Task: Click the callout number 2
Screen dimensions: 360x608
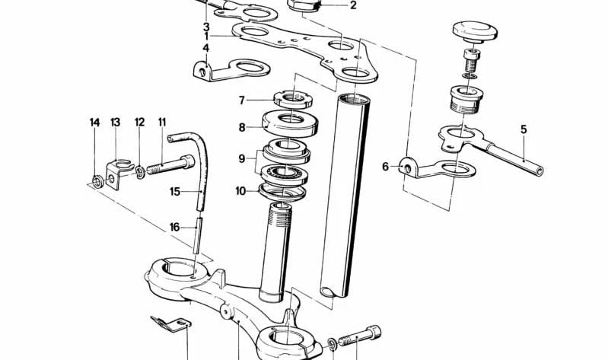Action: [353, 6]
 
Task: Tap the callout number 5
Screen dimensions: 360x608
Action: [524, 129]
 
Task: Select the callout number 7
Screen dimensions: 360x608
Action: [241, 100]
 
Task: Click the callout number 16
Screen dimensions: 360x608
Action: [174, 226]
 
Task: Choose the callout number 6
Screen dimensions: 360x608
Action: [385, 167]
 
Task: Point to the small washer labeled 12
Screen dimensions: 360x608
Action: [141, 170]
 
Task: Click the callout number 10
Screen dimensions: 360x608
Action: [241, 191]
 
